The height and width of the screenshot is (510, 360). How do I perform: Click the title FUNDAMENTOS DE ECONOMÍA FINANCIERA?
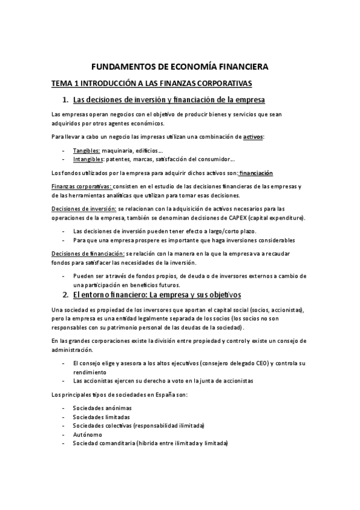(180, 67)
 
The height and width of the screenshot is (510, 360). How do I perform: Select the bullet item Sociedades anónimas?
(102, 408)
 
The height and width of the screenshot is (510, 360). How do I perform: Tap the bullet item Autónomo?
(88, 434)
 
